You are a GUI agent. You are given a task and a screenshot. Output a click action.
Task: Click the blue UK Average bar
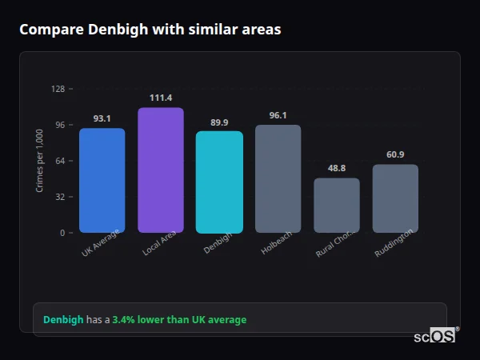pos(102,180)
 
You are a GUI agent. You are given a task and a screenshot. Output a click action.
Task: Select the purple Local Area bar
pos(161,170)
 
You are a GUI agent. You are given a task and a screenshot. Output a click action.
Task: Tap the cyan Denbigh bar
pos(219,182)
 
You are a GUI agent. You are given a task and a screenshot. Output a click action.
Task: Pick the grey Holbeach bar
pos(278,178)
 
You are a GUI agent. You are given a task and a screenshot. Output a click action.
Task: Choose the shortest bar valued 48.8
pos(337,205)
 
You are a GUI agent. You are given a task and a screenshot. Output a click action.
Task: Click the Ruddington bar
pos(395,198)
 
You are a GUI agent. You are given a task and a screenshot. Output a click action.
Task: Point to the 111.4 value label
pos(161,98)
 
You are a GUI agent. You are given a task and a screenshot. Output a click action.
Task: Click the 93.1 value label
pos(102,118)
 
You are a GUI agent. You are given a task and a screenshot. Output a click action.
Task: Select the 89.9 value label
pos(219,122)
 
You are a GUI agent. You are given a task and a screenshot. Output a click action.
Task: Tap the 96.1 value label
pos(278,115)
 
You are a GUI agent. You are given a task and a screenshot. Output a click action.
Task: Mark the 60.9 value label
pos(395,154)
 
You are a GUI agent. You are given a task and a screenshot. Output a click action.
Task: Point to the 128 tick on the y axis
pos(58,89)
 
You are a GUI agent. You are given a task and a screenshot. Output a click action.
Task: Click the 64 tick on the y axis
pos(59,161)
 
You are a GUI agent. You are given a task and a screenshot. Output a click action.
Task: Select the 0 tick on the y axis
pos(62,233)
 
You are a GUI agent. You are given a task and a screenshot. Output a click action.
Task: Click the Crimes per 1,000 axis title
pos(40,161)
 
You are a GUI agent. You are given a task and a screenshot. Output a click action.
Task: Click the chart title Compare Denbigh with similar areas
pos(150,30)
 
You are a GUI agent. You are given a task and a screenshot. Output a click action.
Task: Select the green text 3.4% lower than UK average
pos(179,319)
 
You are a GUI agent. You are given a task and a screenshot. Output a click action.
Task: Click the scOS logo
pos(435,337)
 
